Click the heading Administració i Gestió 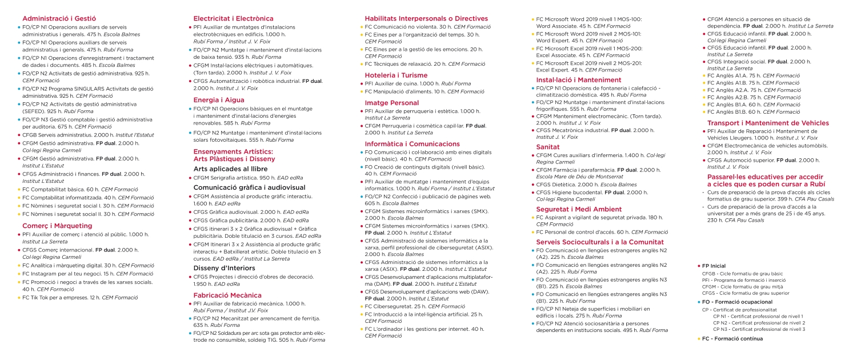59,19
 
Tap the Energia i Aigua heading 219,99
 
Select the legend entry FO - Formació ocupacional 737,302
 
